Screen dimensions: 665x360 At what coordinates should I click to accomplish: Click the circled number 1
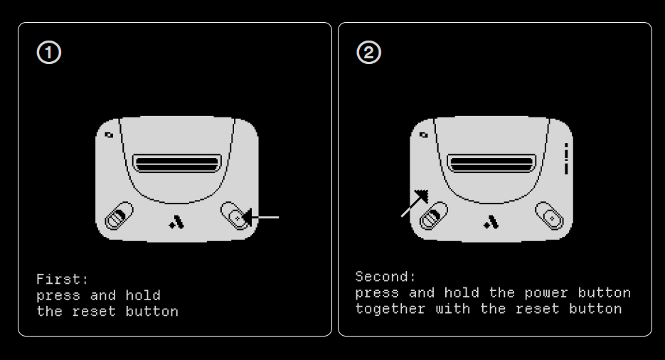tap(49, 53)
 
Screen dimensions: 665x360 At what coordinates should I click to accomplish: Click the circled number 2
tap(369, 53)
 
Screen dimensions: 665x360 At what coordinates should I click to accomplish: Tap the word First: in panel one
tap(63, 279)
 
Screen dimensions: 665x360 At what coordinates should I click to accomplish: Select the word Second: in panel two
tap(385, 277)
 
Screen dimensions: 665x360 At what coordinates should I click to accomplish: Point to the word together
tap(390, 309)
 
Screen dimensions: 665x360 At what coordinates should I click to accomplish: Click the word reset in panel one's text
tap(94, 312)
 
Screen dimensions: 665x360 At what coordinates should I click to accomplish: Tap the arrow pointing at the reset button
tap(261, 218)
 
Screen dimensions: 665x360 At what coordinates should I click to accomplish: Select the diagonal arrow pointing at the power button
tap(415, 203)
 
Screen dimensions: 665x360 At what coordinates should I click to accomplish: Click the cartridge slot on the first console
tap(177, 164)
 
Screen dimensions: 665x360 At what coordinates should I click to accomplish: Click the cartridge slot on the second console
tap(491, 164)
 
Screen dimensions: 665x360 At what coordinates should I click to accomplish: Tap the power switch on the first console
tap(119, 216)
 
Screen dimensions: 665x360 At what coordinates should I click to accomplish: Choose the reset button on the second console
tap(550, 216)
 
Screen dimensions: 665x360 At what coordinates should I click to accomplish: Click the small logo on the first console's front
tap(176, 222)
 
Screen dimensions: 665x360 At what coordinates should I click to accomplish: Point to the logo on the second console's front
tap(491, 222)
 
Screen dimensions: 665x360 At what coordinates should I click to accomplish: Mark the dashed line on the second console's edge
tap(566, 159)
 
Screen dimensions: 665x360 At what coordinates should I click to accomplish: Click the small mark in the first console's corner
tap(109, 135)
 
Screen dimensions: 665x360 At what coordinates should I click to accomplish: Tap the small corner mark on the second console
tap(424, 135)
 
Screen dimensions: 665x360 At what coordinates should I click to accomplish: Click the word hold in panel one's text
tap(143, 295)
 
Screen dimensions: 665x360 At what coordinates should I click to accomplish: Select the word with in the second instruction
tap(453, 309)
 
